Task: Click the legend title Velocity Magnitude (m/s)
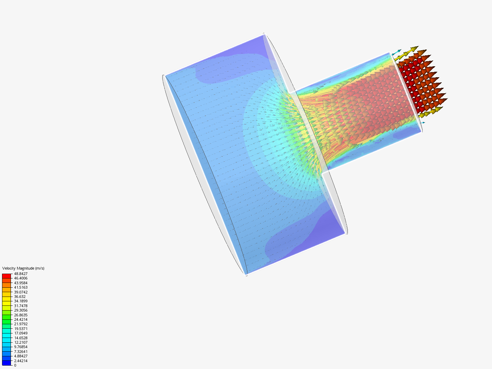click(x=23, y=268)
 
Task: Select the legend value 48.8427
click(x=21, y=274)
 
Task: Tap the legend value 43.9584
click(x=21, y=283)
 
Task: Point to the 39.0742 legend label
click(x=21, y=292)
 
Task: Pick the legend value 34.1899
click(x=21, y=301)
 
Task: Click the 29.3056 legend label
click(x=21, y=310)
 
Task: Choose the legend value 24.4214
click(x=21, y=319)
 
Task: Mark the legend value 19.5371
click(x=21, y=329)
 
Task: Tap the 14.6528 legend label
click(x=21, y=338)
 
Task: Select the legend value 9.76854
click(x=21, y=347)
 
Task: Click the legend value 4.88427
click(x=21, y=356)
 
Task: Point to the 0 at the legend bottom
click(x=15, y=365)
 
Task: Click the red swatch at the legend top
click(x=6, y=276)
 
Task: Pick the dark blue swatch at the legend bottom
click(x=6, y=363)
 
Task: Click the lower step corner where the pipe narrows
click(x=322, y=172)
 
